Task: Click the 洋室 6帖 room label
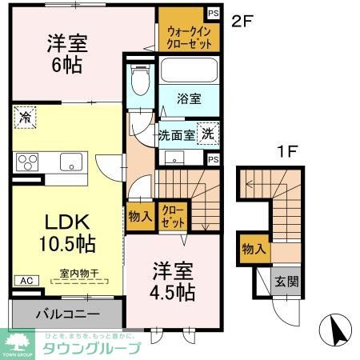click(64, 54)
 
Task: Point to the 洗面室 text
click(177, 135)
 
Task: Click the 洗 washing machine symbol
click(207, 134)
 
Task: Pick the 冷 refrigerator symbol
click(25, 118)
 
